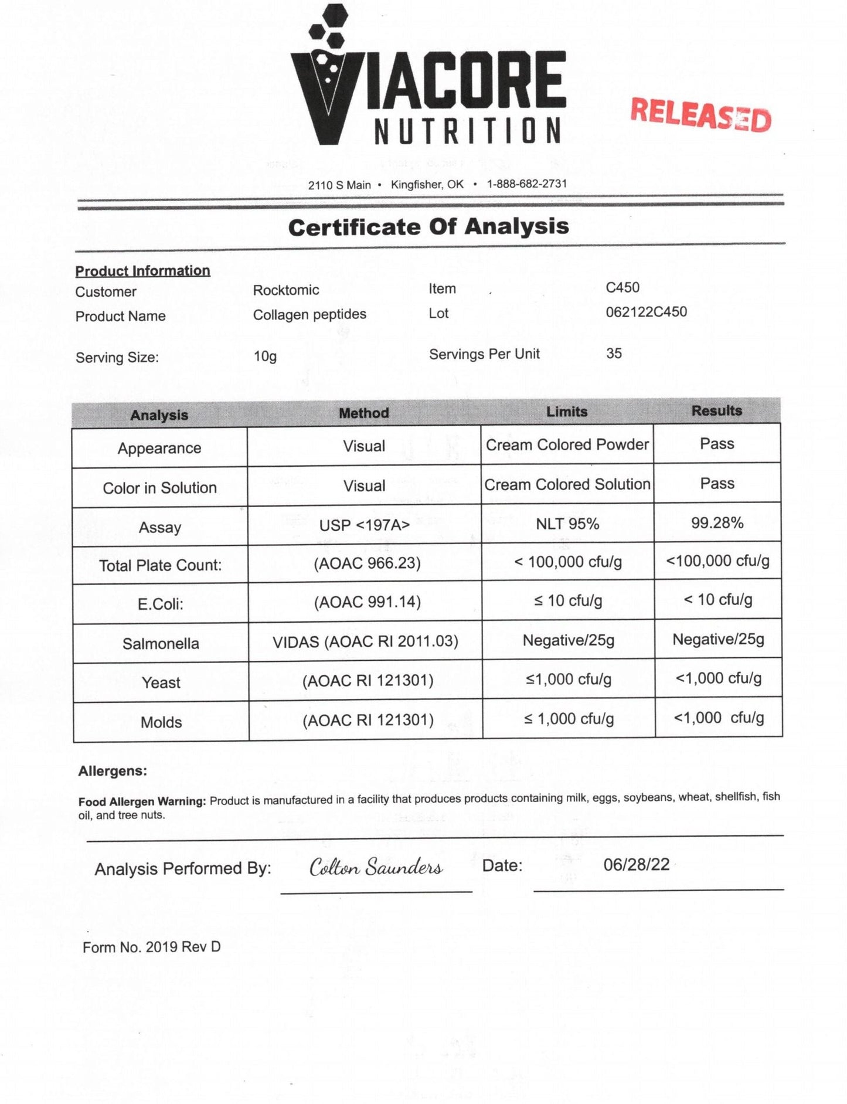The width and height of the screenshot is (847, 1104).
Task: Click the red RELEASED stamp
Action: click(x=700, y=114)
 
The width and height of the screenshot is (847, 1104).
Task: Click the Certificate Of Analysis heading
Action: click(x=428, y=227)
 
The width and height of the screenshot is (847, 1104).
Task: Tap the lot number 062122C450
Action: click(x=646, y=312)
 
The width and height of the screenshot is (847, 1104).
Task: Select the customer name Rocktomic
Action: click(x=286, y=290)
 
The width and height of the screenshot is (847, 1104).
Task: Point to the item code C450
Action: click(x=623, y=287)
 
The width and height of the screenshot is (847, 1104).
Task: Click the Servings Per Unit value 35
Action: click(x=614, y=354)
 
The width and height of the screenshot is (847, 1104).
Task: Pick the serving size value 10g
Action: click(x=265, y=356)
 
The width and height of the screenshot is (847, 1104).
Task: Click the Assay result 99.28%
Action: click(x=717, y=523)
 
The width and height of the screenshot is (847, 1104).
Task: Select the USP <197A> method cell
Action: click(x=364, y=525)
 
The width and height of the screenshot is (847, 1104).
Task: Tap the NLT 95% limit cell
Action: click(x=567, y=524)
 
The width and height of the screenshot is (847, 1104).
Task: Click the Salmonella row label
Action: click(x=161, y=644)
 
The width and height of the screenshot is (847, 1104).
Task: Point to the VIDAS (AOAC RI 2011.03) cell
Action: click(x=365, y=641)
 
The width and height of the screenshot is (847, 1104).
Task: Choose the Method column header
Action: click(x=364, y=413)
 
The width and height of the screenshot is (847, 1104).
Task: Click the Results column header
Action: click(x=716, y=411)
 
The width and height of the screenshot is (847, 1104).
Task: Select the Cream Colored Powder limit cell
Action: click(x=567, y=445)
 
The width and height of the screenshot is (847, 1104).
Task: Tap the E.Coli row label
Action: click(x=161, y=604)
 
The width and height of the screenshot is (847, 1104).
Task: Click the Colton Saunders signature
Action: click(x=376, y=867)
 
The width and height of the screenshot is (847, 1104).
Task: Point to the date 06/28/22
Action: click(x=637, y=865)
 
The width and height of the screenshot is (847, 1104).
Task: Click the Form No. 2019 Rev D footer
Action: click(x=152, y=947)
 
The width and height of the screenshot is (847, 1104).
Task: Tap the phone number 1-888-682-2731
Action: click(x=527, y=184)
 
